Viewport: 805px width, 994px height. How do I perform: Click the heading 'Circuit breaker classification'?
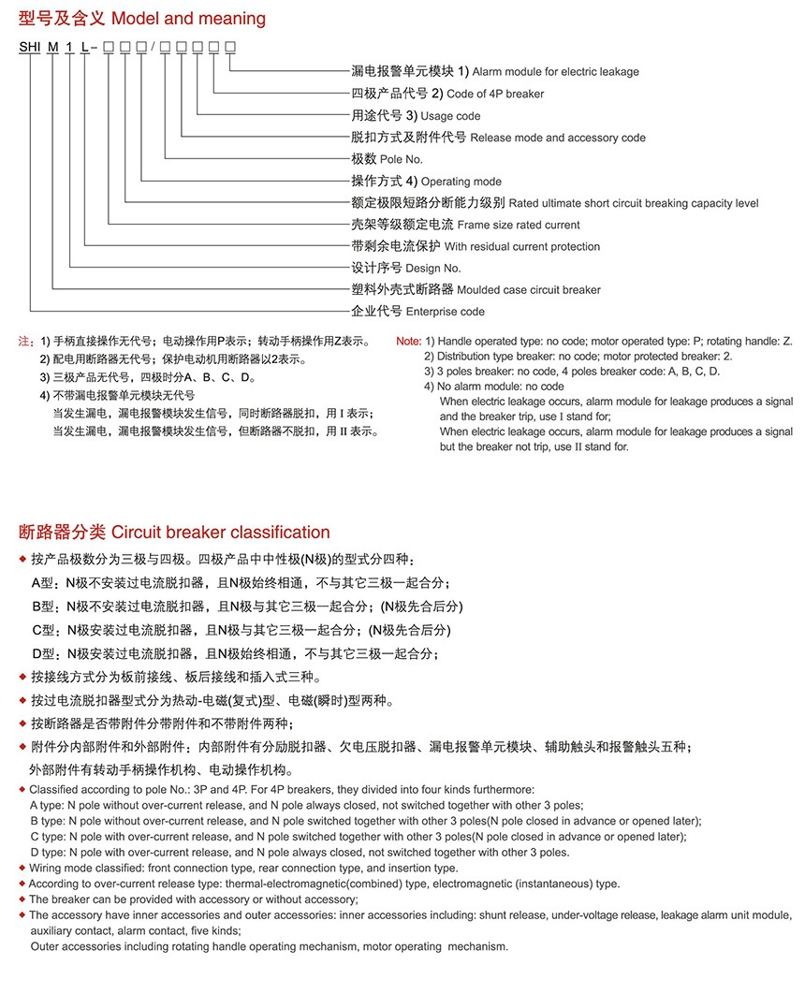(221, 533)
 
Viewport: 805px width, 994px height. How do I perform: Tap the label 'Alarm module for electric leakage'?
(556, 72)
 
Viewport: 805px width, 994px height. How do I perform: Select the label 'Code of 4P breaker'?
(495, 94)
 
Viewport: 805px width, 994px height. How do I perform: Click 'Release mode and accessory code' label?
(558, 138)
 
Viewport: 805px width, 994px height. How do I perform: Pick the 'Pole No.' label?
(402, 159)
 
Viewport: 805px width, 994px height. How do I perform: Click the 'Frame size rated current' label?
(519, 225)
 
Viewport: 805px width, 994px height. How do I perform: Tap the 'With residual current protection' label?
(522, 246)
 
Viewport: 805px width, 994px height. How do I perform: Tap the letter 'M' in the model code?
(53, 47)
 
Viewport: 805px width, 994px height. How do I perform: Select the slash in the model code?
(153, 47)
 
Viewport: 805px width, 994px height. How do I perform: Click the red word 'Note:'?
(409, 342)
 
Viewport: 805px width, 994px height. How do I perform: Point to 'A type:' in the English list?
(48, 805)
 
